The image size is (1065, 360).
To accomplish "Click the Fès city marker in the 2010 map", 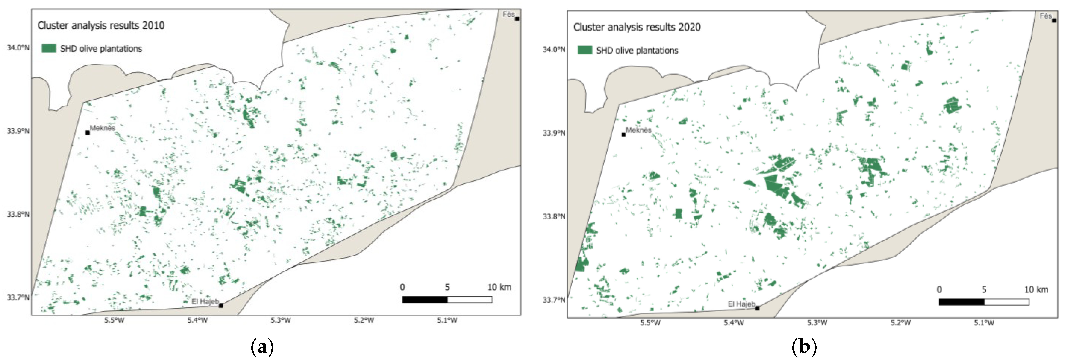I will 517,19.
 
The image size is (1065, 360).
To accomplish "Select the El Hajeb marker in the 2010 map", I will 221,305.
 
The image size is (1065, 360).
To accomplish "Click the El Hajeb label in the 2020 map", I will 741,304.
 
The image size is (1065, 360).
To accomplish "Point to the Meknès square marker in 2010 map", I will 88,133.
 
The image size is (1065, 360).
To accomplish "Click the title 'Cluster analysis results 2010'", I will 101,25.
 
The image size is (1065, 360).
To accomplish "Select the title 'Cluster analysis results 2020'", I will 637,27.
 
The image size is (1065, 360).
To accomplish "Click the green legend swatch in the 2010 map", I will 49,48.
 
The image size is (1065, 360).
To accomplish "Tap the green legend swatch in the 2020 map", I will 585,50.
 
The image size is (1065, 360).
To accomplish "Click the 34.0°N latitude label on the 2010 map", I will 18,47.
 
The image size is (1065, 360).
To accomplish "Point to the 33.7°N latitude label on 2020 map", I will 554,300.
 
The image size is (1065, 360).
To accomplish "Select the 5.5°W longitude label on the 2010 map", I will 114,320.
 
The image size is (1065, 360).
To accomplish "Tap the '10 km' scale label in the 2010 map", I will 499,287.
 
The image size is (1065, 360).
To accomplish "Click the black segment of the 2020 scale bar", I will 961,302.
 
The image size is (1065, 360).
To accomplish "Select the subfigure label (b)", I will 804,346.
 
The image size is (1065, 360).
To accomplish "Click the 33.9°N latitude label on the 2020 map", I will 554,133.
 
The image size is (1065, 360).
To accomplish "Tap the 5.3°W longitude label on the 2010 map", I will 281,320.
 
